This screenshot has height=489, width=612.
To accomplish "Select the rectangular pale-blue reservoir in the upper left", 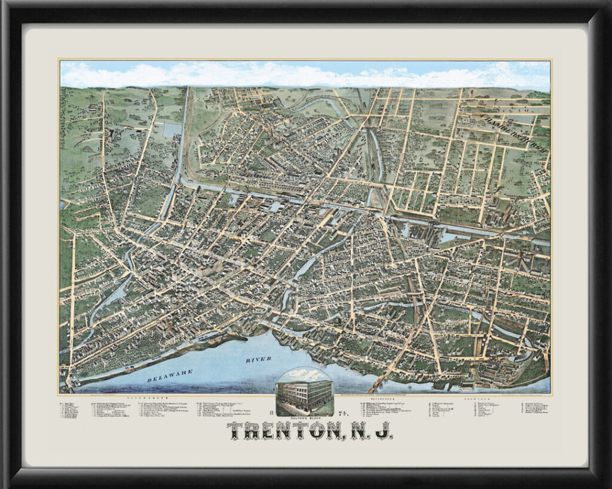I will coord(172,130).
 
